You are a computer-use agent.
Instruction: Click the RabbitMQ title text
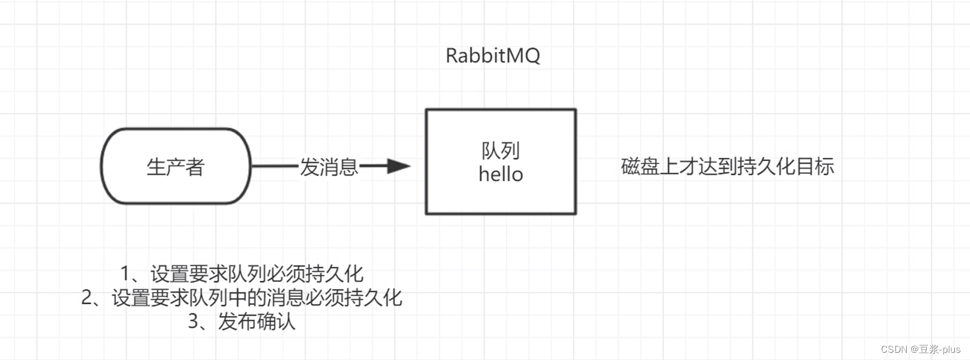pyautogui.click(x=492, y=55)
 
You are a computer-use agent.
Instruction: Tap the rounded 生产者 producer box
pyautogui.click(x=175, y=166)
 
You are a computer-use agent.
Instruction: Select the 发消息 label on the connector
pyautogui.click(x=329, y=166)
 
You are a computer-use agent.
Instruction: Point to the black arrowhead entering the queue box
pyautogui.click(x=398, y=166)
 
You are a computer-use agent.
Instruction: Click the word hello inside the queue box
pyautogui.click(x=501, y=175)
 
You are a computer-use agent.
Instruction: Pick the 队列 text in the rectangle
pyautogui.click(x=501, y=150)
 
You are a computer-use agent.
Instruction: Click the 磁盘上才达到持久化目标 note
pyautogui.click(x=727, y=166)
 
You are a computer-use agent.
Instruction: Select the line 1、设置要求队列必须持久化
pyautogui.click(x=242, y=274)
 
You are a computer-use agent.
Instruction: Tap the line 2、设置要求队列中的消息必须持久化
pyautogui.click(x=242, y=297)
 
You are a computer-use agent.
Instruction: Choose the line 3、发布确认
pyautogui.click(x=242, y=322)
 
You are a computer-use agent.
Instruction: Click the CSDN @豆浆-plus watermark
pyautogui.click(x=921, y=349)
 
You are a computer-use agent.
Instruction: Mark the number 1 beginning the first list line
pyautogui.click(x=126, y=274)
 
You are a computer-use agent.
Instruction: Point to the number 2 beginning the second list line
pyautogui.click(x=88, y=297)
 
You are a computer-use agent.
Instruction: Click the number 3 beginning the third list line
pyautogui.click(x=194, y=322)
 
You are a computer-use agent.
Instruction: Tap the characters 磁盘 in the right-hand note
pyautogui.click(x=640, y=166)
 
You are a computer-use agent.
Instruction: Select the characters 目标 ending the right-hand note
pyautogui.click(x=815, y=166)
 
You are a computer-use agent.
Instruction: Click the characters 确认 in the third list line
pyautogui.click(x=276, y=322)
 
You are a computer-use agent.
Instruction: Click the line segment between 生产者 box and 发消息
pyautogui.click(x=275, y=166)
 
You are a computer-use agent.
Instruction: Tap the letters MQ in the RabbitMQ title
pyautogui.click(x=524, y=55)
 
